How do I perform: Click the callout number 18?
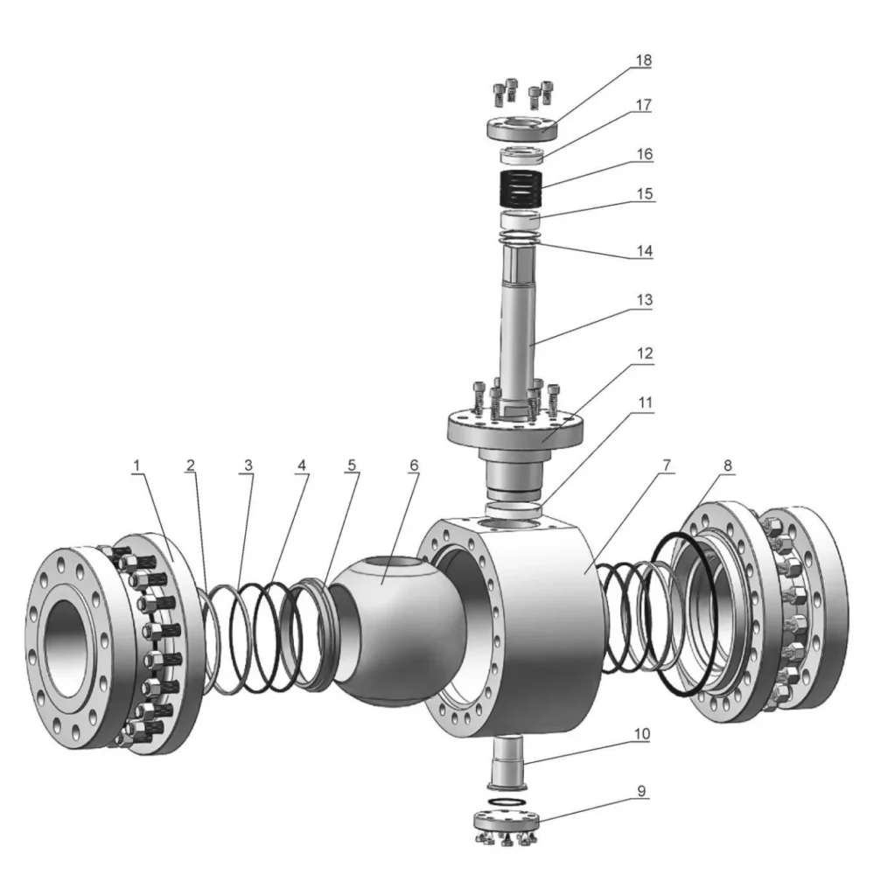(x=643, y=60)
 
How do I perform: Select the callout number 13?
(x=643, y=299)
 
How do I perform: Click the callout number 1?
(x=136, y=465)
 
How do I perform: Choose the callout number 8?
(x=724, y=465)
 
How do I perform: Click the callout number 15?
(x=643, y=192)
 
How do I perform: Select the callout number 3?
(x=248, y=465)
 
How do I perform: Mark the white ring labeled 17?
(x=523, y=156)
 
